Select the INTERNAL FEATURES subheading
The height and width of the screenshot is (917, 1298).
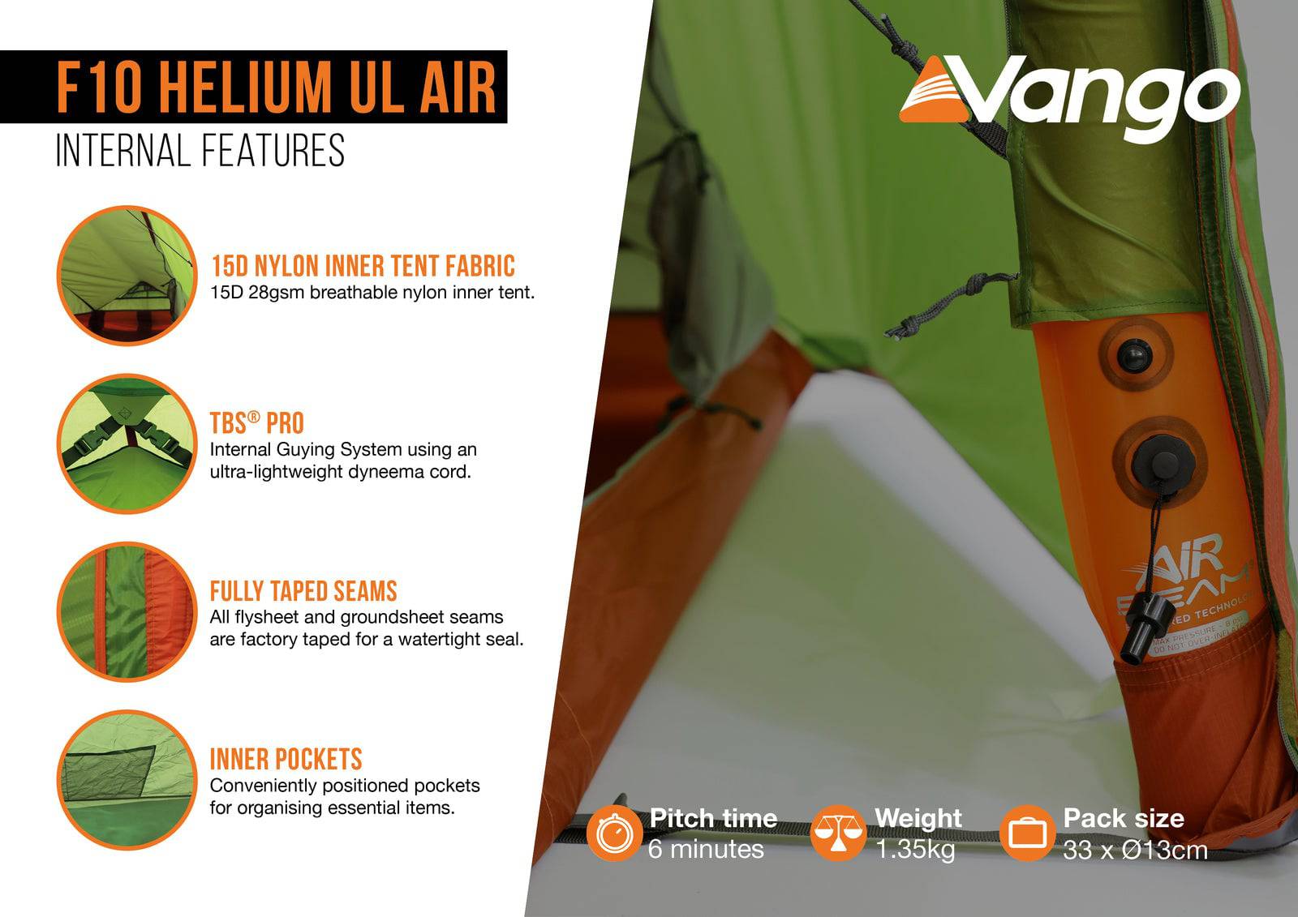pos(200,151)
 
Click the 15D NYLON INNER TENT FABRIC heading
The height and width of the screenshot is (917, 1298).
pos(363,266)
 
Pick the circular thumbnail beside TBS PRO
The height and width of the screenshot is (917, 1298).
pos(127,444)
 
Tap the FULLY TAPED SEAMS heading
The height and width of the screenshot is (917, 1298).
pos(303,590)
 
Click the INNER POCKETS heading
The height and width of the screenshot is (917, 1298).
pos(286,759)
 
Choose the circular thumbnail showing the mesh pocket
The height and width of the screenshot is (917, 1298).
pos(127,779)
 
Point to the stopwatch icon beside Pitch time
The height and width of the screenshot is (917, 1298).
pos(615,833)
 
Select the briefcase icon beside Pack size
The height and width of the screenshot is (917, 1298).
pos(1027,833)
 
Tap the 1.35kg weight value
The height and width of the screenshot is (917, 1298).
pos(916,849)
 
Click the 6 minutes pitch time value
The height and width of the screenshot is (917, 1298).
pos(706,849)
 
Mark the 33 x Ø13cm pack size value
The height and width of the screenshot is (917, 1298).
pos(1135,849)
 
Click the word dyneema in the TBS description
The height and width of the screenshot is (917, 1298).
pos(382,471)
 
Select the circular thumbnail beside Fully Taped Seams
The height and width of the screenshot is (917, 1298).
pos(127,611)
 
